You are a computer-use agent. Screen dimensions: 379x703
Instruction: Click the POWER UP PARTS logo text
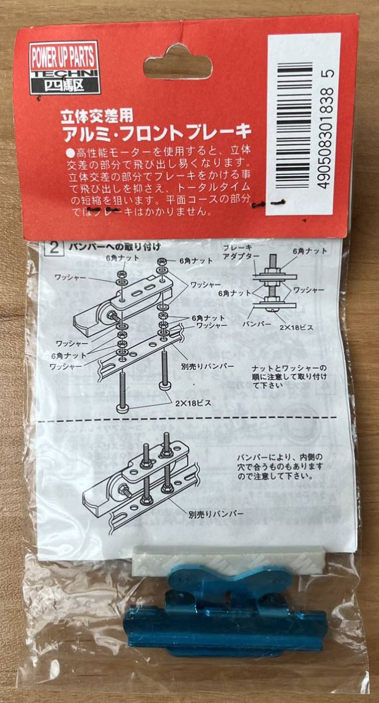tap(63, 57)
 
